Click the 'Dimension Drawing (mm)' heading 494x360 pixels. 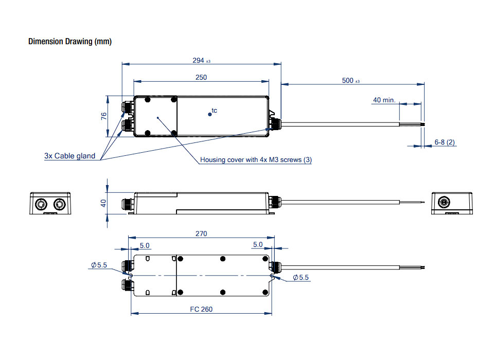pyautogui.click(x=69, y=42)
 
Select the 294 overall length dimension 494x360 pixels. pyautogui.click(x=199, y=60)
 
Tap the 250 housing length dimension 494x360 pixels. pyautogui.click(x=201, y=78)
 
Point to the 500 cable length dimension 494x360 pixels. pyautogui.click(x=348, y=81)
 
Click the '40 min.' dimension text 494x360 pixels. pyautogui.click(x=384, y=100)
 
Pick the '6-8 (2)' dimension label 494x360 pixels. pyautogui.click(x=445, y=142)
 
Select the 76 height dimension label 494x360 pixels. pyautogui.click(x=103, y=116)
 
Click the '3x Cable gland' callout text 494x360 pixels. pyautogui.click(x=69, y=156)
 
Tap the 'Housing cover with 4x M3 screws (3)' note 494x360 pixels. pyautogui.click(x=256, y=160)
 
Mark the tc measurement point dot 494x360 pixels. pyautogui.click(x=210, y=114)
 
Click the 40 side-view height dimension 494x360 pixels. pyautogui.click(x=103, y=203)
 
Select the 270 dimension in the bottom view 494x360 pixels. pyautogui.click(x=201, y=234)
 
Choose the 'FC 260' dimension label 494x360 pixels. pyautogui.click(x=201, y=309)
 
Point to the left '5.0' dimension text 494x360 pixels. pyautogui.click(x=145, y=245)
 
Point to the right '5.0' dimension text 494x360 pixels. pyautogui.click(x=258, y=245)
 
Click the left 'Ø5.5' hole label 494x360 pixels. pyautogui.click(x=98, y=265)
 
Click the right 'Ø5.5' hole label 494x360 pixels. pyautogui.click(x=301, y=278)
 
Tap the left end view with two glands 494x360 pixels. pyautogui.click(x=49, y=203)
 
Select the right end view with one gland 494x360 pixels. pyautogui.click(x=452, y=203)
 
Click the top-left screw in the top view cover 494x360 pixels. pyautogui.click(x=148, y=100)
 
